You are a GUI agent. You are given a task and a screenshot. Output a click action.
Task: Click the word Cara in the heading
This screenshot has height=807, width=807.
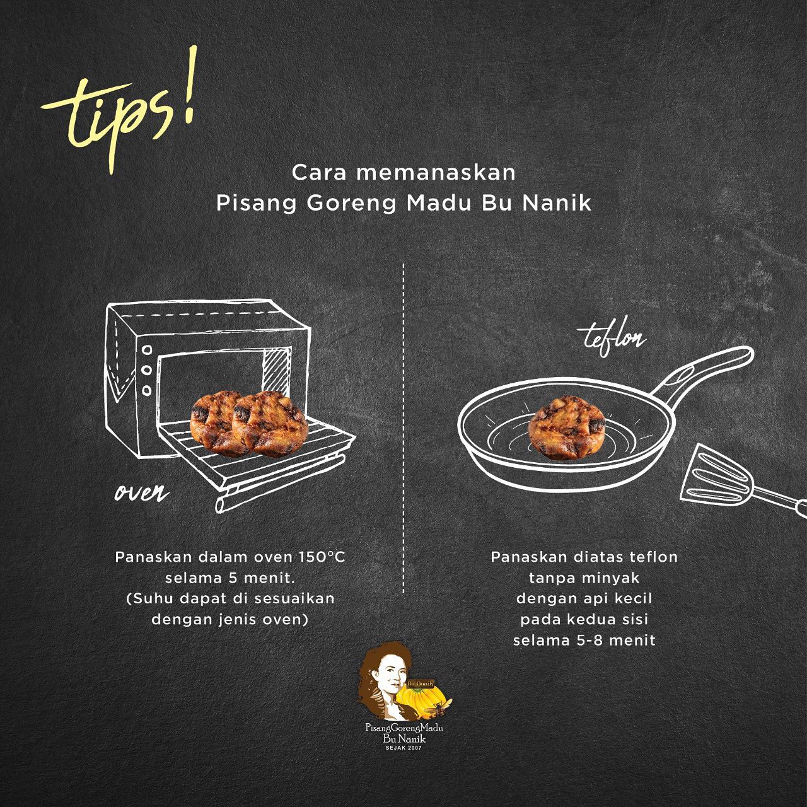click(318, 173)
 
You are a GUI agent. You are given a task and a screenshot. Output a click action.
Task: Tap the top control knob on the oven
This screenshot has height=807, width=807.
click(147, 349)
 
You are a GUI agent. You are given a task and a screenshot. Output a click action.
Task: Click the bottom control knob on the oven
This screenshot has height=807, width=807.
click(146, 390)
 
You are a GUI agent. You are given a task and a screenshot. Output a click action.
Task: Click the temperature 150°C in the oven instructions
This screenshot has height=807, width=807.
click(322, 557)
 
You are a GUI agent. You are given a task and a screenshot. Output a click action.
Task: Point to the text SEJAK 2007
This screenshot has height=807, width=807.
click(403, 747)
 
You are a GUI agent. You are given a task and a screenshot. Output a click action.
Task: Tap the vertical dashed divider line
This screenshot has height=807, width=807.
click(403, 429)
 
